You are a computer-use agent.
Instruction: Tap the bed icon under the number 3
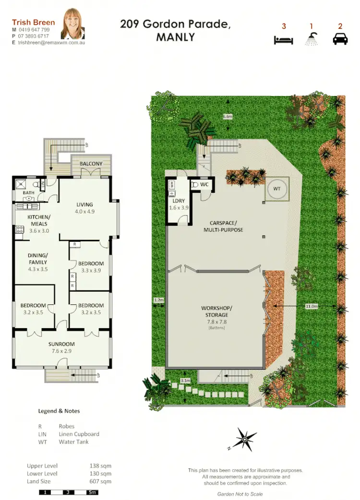click(x=284, y=40)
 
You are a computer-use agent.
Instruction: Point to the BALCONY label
click(x=91, y=164)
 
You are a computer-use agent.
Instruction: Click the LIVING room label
click(x=84, y=204)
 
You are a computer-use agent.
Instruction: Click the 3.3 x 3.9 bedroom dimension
click(x=91, y=270)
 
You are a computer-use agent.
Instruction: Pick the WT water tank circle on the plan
click(x=276, y=189)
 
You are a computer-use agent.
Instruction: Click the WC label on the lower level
click(x=204, y=184)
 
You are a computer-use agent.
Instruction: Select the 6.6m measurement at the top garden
click(x=228, y=117)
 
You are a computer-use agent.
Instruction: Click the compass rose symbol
click(x=244, y=438)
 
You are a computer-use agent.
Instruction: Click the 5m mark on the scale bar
click(x=92, y=492)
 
